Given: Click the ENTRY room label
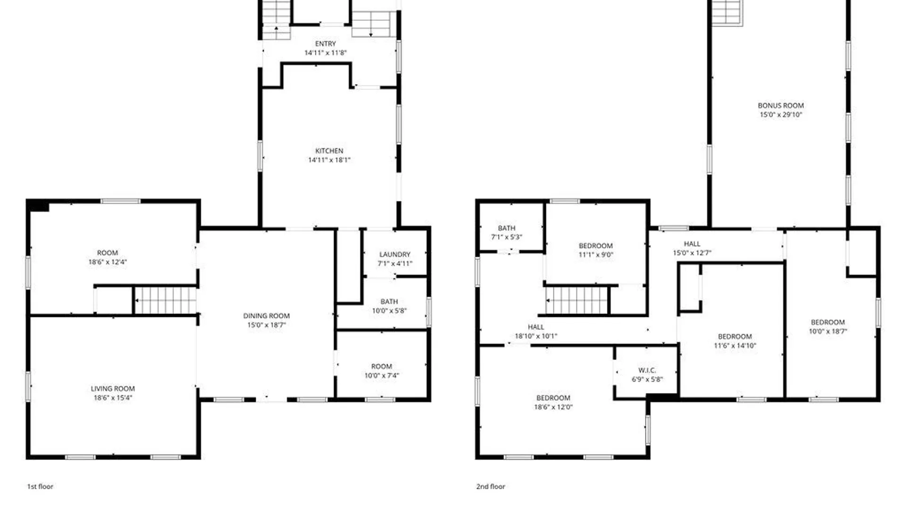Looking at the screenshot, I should coord(326,43).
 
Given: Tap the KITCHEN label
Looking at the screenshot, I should coord(329,151).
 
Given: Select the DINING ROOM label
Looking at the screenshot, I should coord(266,315).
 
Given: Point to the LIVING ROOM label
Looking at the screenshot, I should coord(113,389).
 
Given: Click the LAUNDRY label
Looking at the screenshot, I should coord(395,254).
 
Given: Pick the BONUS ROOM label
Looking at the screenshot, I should coord(780,105).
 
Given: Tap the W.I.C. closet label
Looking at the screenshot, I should coord(647,370).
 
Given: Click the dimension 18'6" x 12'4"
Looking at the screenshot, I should coord(108,262).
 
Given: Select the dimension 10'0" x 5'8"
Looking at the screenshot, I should coord(389,311).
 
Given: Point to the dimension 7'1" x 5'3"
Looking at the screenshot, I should coord(506,237).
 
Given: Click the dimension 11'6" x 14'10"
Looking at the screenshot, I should coord(735,346).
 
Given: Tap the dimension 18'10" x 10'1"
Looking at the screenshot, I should coord(536,336).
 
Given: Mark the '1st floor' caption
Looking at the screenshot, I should coord(40,486).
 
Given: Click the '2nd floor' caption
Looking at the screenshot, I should coord(490,486).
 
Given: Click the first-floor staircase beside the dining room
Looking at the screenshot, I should coord(165,300).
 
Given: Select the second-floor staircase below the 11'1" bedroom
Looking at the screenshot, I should coord(577,300).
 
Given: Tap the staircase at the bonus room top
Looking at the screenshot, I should coord(727,12).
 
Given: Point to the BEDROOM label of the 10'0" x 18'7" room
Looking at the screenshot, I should coord(828,322).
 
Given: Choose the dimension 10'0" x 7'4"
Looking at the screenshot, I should coord(381,376).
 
